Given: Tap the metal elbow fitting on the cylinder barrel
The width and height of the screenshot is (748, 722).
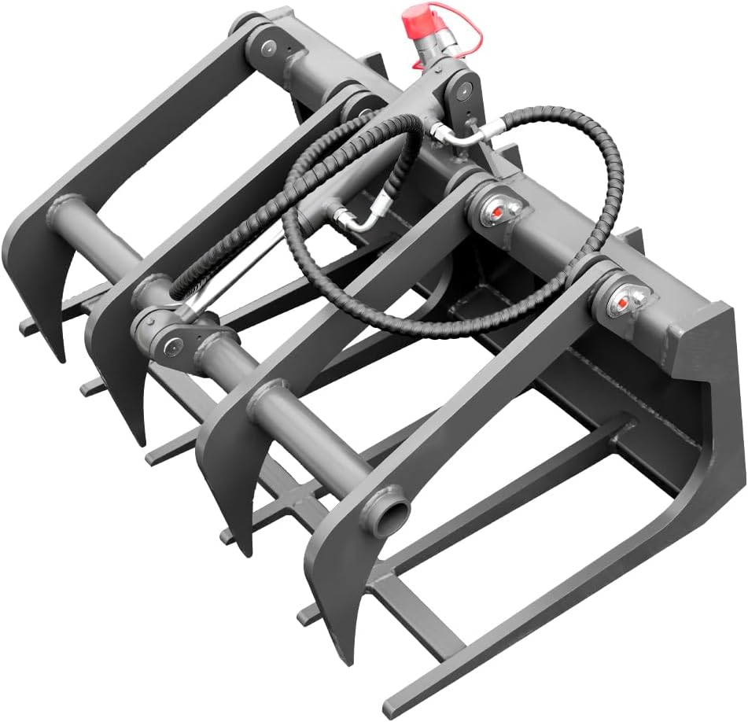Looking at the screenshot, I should [x=358, y=221].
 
